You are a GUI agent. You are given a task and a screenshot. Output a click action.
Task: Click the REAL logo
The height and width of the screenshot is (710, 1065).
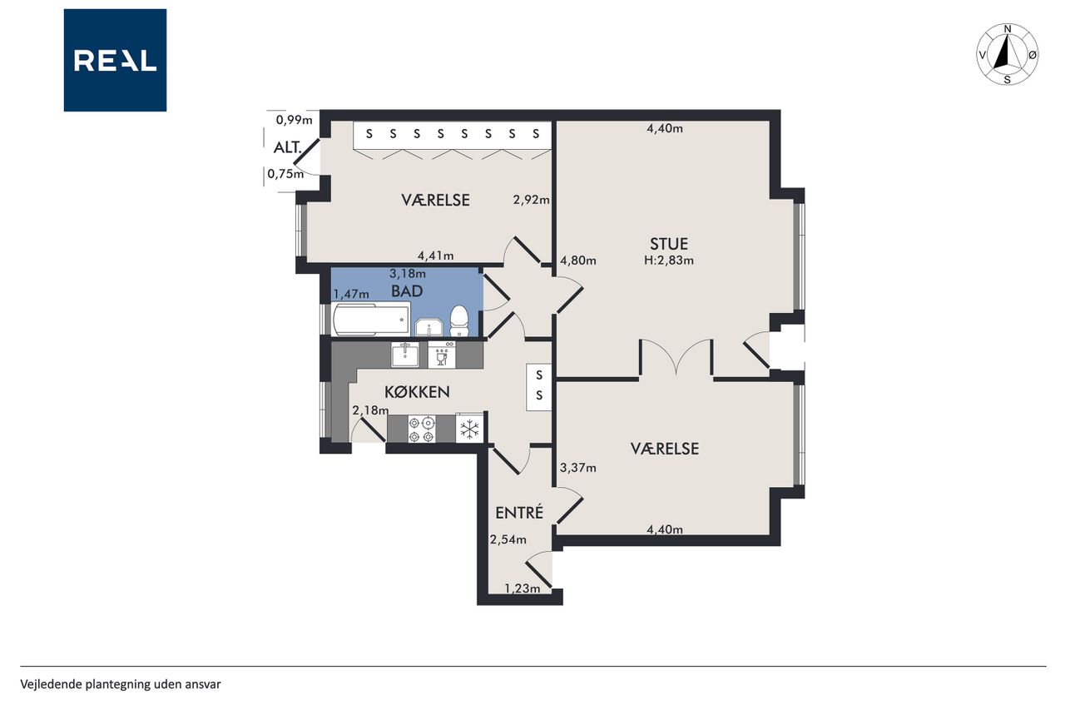point(115,60)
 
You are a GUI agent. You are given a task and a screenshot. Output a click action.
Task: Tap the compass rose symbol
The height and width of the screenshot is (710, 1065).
point(1007,54)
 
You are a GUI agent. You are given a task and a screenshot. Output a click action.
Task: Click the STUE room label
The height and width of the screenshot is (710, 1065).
point(668,244)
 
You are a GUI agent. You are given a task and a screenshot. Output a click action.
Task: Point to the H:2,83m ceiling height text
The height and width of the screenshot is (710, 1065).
point(668,261)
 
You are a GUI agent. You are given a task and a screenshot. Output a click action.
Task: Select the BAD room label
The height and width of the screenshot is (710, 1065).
point(407,291)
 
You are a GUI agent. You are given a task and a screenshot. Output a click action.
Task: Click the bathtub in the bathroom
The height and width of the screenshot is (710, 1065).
point(371,319)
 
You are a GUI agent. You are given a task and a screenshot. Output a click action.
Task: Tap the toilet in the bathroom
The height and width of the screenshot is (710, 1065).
point(459,321)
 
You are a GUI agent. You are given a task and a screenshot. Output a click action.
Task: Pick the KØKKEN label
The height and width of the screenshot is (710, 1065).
point(417,392)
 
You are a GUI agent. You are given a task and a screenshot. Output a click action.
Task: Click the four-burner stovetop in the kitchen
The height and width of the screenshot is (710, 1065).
point(422,429)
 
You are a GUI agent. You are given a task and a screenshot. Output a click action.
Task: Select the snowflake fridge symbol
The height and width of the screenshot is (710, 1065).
point(470,429)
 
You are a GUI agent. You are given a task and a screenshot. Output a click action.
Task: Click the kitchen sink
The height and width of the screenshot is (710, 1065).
point(405,355)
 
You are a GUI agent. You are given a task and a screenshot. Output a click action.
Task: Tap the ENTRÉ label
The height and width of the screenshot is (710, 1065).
point(519,512)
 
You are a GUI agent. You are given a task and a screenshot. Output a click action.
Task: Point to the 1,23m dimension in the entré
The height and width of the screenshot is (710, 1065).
point(522,588)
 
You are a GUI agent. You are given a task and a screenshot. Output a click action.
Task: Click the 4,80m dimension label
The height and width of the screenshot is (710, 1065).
point(578,261)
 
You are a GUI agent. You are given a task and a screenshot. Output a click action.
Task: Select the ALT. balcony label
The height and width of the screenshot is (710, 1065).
point(288,147)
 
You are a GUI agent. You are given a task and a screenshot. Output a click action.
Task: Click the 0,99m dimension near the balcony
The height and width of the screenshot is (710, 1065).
point(295,120)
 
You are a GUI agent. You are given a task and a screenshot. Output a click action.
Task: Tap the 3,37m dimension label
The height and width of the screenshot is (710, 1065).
point(578,468)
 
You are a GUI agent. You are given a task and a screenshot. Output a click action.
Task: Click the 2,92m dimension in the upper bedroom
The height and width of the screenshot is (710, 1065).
point(531,200)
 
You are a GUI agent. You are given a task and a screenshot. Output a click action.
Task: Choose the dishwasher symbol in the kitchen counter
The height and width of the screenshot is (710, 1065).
point(442,355)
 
